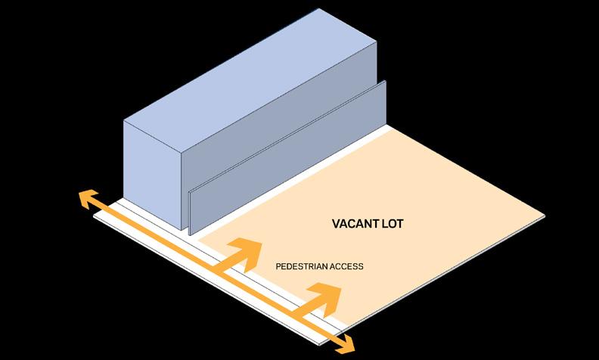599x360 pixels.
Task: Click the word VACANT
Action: click(x=356, y=225)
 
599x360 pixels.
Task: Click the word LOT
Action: click(x=394, y=225)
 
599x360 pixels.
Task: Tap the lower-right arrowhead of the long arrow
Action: click(x=345, y=346)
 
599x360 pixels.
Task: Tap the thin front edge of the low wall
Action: click(x=190, y=212)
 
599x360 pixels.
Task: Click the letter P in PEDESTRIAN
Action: click(x=278, y=267)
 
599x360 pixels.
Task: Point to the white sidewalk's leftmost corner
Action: click(x=93, y=216)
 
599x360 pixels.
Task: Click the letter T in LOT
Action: click(x=401, y=225)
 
